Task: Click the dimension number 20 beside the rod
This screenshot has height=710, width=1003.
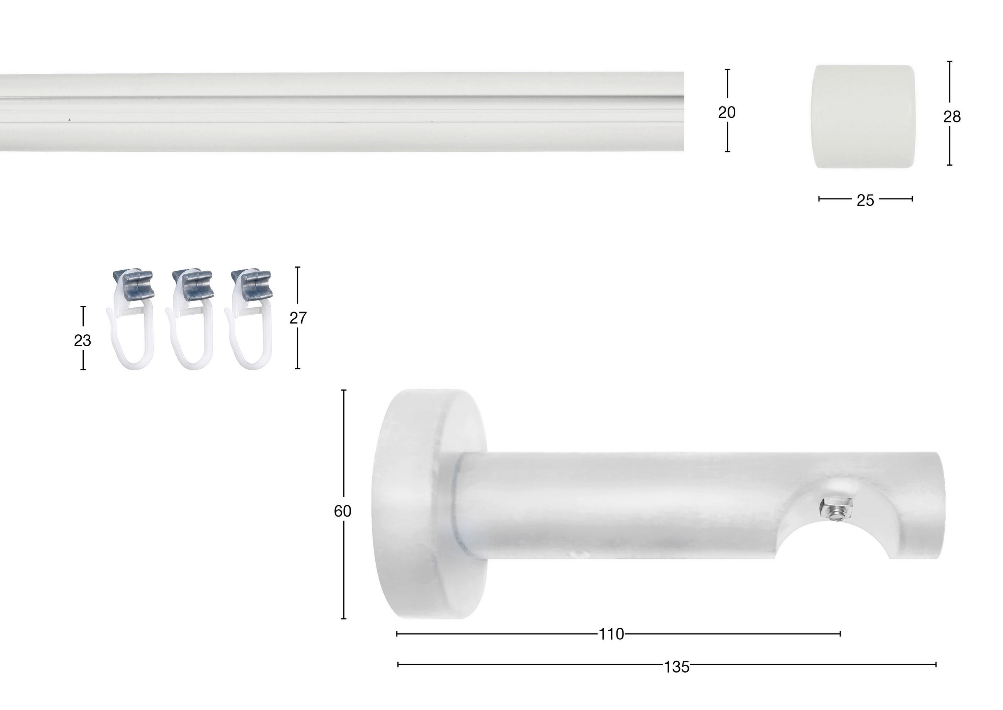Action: [727, 113]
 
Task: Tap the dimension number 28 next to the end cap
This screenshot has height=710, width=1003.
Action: [952, 117]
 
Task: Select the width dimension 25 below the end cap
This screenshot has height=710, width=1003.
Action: [865, 200]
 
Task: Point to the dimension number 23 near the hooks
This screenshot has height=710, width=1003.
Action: [82, 340]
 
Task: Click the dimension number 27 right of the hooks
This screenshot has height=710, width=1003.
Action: [298, 318]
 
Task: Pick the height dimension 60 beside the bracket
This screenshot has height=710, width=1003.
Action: [343, 511]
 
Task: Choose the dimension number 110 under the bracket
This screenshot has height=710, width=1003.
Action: [611, 634]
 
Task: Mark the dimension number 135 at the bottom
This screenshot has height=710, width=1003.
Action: [677, 667]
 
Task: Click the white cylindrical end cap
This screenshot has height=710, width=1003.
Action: [863, 116]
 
